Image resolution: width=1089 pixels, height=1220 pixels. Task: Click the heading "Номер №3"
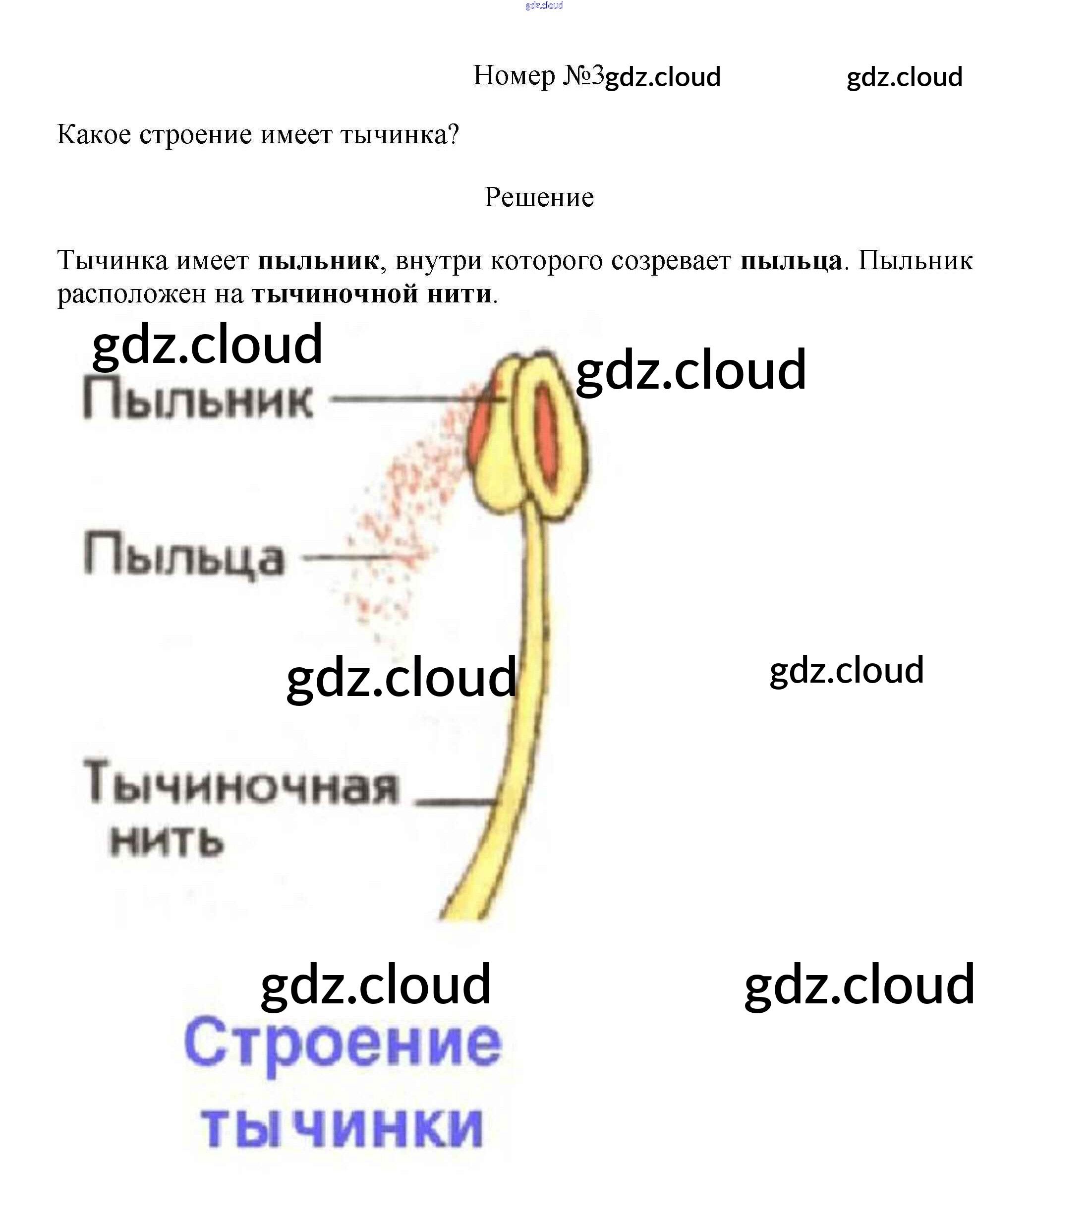click(x=538, y=76)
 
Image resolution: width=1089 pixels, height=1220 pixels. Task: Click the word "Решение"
click(x=538, y=197)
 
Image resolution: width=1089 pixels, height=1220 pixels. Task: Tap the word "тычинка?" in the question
click(x=400, y=135)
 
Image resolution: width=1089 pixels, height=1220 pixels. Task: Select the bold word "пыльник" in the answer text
click(x=318, y=261)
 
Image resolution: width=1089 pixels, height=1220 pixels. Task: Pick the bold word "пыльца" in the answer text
click(x=791, y=261)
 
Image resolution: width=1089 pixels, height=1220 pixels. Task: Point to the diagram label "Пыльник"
click(x=197, y=400)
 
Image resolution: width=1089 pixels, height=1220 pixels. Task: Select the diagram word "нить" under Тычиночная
click(x=167, y=841)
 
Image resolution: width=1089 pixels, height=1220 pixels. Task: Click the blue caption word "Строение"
click(x=343, y=1045)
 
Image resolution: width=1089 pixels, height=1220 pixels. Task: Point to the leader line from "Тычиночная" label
click(x=455, y=801)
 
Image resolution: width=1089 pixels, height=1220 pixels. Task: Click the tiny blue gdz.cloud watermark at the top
click(x=544, y=5)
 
